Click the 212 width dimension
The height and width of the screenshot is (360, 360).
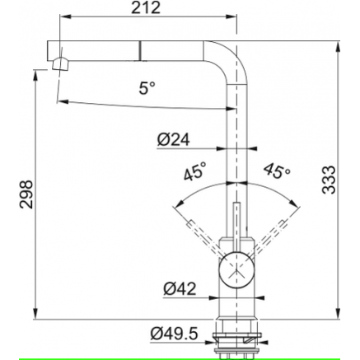point(146,7)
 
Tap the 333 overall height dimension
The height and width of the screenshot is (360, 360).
point(329,180)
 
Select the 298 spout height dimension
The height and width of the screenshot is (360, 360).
point(26,194)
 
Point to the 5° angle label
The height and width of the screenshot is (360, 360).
point(147,88)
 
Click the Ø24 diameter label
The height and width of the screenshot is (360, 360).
point(173,140)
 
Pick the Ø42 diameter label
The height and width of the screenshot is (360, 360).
point(180,288)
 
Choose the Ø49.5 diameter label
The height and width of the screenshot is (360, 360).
point(174,334)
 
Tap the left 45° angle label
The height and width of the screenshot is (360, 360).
point(194,171)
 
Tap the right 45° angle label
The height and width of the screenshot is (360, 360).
point(277,171)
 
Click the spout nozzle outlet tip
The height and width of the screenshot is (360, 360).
point(59,64)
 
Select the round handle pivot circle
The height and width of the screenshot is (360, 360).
point(236,269)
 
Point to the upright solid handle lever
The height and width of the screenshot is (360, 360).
point(236,228)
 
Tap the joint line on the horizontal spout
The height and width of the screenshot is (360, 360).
point(140,49)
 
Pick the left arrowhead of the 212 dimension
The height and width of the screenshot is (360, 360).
point(65,16)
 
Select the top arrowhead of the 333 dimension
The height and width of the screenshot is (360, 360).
point(338,47)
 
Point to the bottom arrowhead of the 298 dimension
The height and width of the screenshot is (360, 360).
point(35,313)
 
